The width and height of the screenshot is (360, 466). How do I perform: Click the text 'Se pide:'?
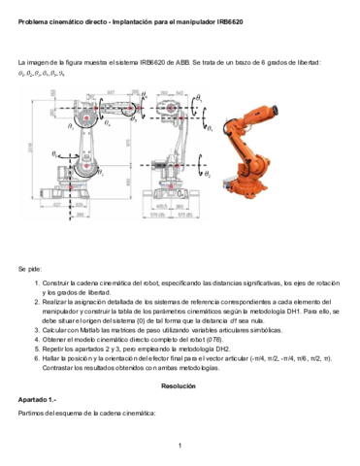click(33, 267)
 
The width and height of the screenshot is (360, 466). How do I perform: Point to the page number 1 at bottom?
click(180, 446)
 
